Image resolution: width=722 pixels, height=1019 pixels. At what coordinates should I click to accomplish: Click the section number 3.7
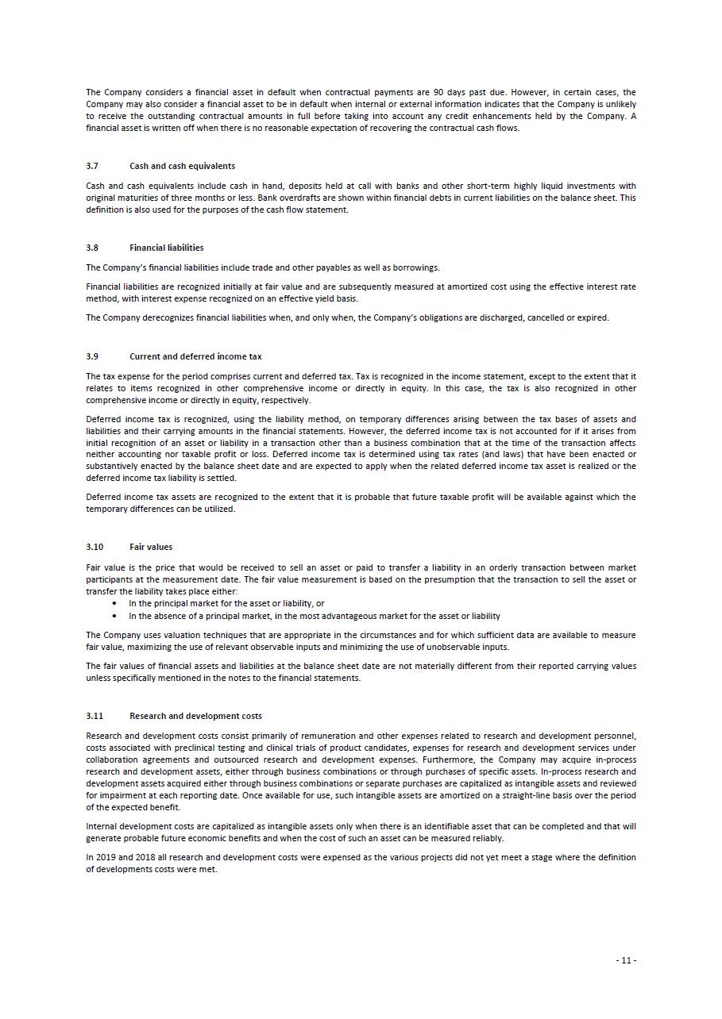point(92,166)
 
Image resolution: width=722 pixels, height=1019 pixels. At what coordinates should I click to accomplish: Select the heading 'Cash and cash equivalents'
point(182,166)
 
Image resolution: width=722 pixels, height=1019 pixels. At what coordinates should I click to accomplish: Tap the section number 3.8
point(92,248)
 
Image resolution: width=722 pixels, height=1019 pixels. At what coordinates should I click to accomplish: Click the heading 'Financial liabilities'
point(166,248)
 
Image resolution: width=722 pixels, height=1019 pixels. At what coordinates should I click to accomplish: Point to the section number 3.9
point(92,356)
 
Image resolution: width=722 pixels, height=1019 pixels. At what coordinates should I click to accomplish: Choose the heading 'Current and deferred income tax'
point(195,356)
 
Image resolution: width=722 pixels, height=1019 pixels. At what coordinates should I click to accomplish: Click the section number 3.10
point(95,547)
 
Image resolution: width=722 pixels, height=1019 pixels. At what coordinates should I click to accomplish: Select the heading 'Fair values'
point(151,547)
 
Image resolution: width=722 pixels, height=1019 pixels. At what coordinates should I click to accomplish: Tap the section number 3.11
point(95,716)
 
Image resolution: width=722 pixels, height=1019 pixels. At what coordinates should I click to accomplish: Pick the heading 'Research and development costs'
point(195,716)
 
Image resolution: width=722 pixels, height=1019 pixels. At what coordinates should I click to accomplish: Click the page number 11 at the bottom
point(626,960)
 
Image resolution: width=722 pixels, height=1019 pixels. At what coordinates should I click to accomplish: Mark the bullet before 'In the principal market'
point(115,603)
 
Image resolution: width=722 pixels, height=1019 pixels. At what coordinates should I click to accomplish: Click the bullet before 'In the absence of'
point(115,616)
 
